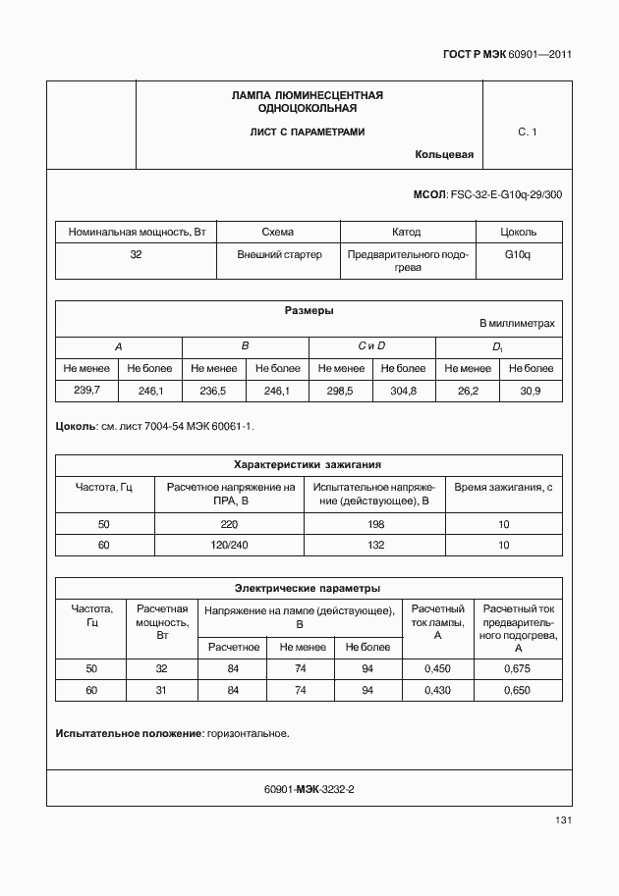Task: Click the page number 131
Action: [564, 820]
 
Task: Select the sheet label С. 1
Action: [528, 132]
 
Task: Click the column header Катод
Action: [406, 233]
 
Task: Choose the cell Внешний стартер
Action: [279, 253]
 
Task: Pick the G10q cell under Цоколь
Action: [518, 253]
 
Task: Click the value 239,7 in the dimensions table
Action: [87, 391]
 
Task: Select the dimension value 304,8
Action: [403, 391]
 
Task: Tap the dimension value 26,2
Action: [468, 391]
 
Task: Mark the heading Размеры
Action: [309, 311]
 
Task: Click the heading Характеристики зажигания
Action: [308, 464]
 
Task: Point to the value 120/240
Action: [230, 545]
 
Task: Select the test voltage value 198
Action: [376, 524]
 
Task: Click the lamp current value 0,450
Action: [437, 668]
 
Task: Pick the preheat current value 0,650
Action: [517, 690]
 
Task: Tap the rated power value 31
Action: [162, 690]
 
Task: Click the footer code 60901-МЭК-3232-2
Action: [309, 788]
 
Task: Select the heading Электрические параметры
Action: [308, 588]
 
